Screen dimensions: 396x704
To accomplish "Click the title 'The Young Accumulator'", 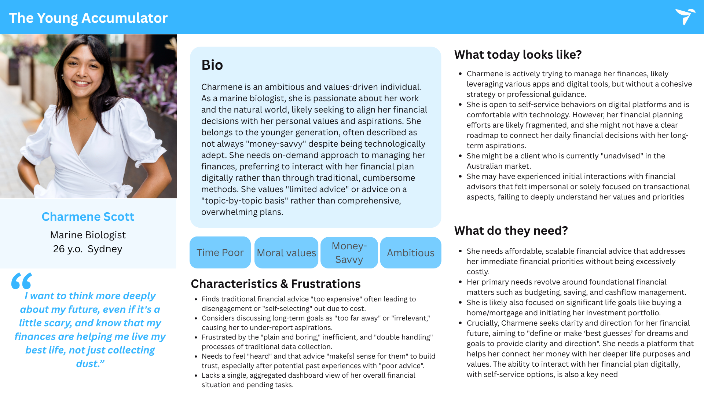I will pos(88,18).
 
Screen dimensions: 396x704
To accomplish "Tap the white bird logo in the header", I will pos(685,16).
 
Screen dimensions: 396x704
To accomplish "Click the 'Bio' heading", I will pos(212,65).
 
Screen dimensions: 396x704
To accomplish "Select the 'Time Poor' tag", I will pos(220,253).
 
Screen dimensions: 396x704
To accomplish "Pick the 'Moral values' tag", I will pos(286,253).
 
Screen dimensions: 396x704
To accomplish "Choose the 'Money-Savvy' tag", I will pos(349,253).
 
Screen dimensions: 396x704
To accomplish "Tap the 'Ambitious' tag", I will pos(410,253).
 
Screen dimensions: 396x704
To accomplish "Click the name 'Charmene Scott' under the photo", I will pos(88,217).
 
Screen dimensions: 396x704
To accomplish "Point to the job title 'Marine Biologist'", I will pos(88,235).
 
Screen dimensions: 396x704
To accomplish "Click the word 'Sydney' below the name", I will pos(105,249).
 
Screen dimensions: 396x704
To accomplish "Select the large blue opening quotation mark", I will pos(21,280).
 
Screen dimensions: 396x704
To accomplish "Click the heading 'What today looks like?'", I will pos(518,55).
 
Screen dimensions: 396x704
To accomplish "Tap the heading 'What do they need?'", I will pos(511,231).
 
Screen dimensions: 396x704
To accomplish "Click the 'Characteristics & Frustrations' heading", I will pos(275,284).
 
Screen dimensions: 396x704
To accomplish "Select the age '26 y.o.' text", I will pos(68,249).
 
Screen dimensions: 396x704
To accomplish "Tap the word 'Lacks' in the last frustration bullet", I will pos(210,375).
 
